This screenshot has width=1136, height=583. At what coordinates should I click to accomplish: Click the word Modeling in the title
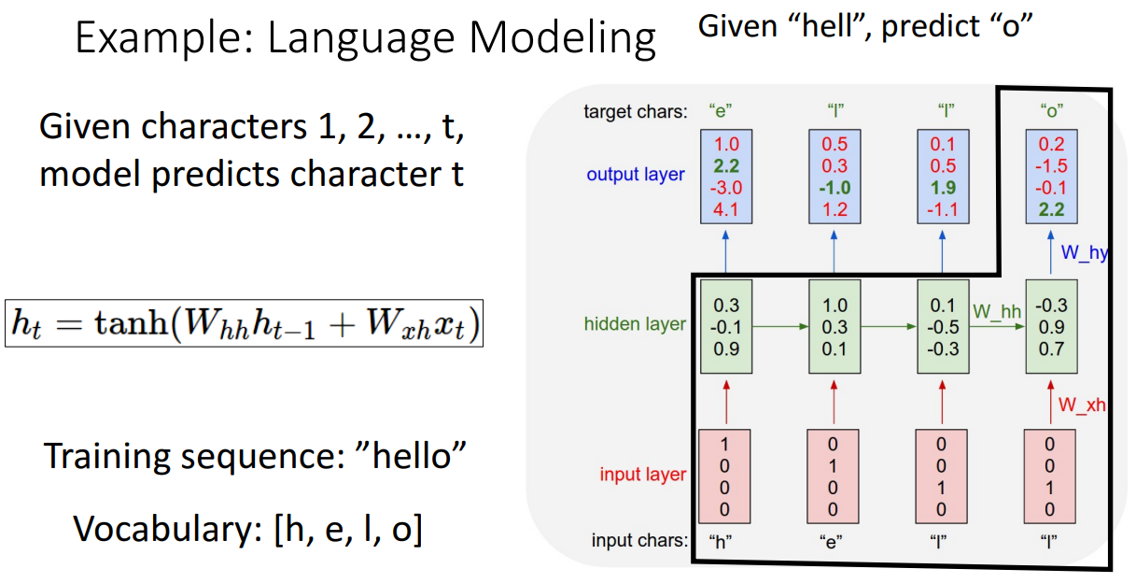(x=562, y=38)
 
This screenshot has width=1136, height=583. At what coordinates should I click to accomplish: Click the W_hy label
(x=1085, y=252)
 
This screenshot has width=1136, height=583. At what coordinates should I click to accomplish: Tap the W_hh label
(x=997, y=311)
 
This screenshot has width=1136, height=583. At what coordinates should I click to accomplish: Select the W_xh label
(x=1082, y=405)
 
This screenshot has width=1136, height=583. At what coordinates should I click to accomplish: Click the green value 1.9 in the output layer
(x=943, y=188)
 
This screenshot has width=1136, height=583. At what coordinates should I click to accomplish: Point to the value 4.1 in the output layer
(x=725, y=209)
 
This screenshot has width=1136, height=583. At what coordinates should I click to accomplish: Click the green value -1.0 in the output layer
(x=834, y=188)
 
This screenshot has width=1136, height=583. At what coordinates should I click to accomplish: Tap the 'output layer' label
(x=636, y=175)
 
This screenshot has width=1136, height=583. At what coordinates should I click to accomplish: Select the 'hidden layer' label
(x=635, y=323)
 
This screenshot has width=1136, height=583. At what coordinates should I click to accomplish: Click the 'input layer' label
(x=642, y=474)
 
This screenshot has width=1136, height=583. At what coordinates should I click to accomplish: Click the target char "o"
(x=1051, y=110)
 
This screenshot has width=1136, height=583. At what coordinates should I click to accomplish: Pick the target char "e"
(x=720, y=110)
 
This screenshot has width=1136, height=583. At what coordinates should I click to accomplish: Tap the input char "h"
(x=720, y=542)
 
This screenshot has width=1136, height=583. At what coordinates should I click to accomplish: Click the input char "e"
(x=831, y=542)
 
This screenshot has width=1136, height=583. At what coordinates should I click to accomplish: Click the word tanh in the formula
(x=132, y=322)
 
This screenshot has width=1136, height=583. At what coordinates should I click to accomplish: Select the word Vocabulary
(x=167, y=530)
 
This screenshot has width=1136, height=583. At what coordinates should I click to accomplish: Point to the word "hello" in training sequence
(x=412, y=455)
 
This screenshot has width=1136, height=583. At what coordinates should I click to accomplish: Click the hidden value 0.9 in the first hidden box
(x=726, y=349)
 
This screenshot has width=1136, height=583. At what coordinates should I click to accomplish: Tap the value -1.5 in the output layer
(x=1051, y=166)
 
